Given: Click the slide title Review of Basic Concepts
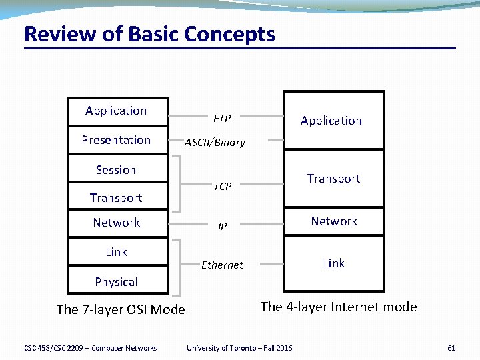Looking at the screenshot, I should click(x=149, y=34).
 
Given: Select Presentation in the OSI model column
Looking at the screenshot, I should click(x=116, y=140).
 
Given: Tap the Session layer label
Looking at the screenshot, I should click(x=116, y=170).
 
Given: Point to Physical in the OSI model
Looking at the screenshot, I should click(x=116, y=282).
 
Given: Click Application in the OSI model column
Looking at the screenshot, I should click(x=116, y=111).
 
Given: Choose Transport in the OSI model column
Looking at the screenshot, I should click(x=116, y=198).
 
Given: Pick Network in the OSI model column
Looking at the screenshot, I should click(x=116, y=223).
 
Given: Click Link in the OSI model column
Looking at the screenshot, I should click(x=116, y=252).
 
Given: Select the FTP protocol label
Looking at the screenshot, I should click(x=222, y=119).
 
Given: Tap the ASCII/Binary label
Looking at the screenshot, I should click(x=215, y=142).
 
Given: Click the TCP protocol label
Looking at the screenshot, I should click(x=223, y=187).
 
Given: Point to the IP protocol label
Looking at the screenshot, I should click(x=223, y=227).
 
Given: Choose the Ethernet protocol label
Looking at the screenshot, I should click(x=222, y=265).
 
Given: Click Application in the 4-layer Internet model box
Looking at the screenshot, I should click(x=331, y=121).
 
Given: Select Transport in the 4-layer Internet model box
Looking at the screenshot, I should click(x=333, y=179).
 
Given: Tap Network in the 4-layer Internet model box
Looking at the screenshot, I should click(x=334, y=221).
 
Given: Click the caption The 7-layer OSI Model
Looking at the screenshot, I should click(x=123, y=309).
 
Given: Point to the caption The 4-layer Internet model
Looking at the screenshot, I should click(x=340, y=307).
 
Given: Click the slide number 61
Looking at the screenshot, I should click(x=451, y=348).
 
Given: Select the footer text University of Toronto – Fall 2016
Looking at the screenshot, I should click(x=239, y=348).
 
